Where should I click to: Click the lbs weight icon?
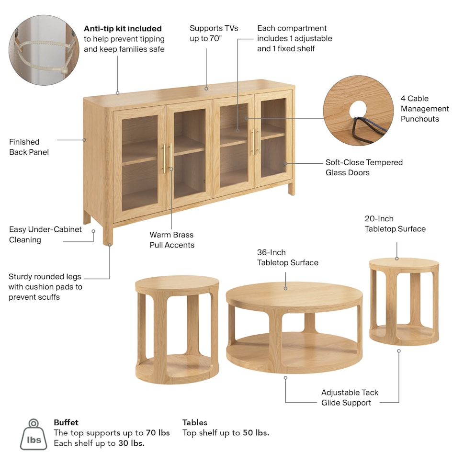point(34,434)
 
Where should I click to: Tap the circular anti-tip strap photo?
point(44,50)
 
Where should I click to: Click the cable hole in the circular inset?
point(358,109)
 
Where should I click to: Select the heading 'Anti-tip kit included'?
point(123,28)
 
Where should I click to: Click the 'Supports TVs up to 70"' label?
point(214,34)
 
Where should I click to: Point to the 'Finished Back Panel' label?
point(29,147)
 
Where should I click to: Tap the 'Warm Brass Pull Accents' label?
point(172,239)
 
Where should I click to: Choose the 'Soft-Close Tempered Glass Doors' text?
point(364,167)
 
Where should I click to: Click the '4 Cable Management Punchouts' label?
point(424,108)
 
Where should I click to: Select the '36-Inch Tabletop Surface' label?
point(287,257)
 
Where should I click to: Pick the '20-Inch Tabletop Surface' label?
point(395,224)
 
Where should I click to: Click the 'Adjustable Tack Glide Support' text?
point(350,397)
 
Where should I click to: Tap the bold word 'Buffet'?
point(66,422)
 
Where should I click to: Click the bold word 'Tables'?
point(195,422)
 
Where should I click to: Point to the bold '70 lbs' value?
point(158,432)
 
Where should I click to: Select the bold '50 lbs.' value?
point(256,432)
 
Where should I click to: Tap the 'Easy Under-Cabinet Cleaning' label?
point(45,235)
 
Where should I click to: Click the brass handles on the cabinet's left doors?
point(168,158)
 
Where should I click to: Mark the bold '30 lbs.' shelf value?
point(132,443)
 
